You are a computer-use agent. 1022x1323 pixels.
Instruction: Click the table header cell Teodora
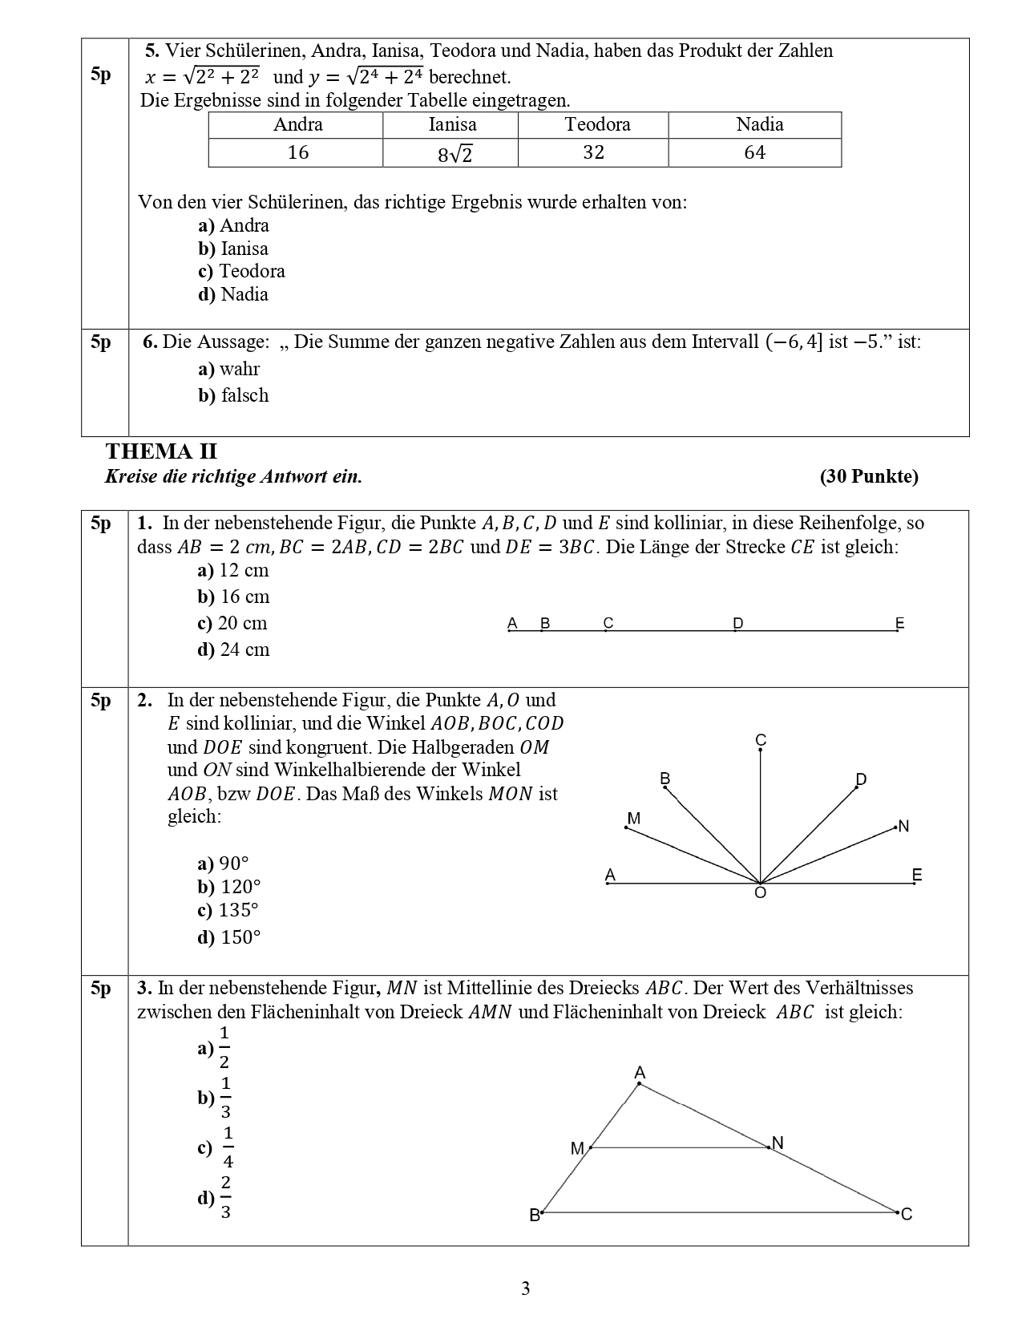[597, 124]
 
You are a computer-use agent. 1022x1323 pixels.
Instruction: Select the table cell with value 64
[754, 152]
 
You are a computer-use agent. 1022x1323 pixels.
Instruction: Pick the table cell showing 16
[297, 152]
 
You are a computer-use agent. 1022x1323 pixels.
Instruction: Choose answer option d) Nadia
[233, 294]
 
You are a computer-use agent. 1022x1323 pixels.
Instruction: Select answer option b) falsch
[233, 395]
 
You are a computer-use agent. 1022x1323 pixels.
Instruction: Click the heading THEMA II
[161, 451]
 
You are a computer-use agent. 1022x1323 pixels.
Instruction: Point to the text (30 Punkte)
[869, 476]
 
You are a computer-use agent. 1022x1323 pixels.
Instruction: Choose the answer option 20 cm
[232, 623]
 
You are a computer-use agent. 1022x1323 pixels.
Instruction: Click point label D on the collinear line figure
[738, 623]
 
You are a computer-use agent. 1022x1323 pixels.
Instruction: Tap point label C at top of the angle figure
[761, 739]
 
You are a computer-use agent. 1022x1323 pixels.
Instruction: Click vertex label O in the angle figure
[761, 893]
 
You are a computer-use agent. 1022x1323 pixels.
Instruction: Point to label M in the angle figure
[634, 819]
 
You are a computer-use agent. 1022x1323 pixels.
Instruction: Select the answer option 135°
[228, 911]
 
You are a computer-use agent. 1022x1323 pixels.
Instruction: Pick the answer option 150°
[229, 937]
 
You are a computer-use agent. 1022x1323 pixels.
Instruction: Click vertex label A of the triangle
[640, 1072]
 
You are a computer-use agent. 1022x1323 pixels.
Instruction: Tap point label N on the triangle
[777, 1143]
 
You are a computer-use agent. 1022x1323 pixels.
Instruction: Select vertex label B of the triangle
[535, 1216]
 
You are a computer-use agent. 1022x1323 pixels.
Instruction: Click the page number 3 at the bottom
[525, 1289]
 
